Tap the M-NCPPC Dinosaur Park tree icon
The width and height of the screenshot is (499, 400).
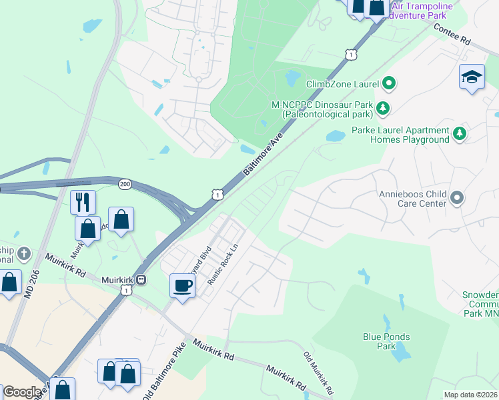click(383, 107)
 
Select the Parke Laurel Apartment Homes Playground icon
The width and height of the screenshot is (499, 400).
click(459, 135)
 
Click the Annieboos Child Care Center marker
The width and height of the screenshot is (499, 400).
click(457, 197)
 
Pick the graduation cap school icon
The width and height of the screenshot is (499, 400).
click(472, 77)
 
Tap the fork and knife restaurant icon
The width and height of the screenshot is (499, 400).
click(83, 202)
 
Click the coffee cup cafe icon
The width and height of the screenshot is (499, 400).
click(183, 286)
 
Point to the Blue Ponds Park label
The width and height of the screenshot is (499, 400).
click(386, 341)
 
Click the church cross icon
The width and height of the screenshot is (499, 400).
click(23, 253)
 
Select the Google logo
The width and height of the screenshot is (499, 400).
click(22, 392)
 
